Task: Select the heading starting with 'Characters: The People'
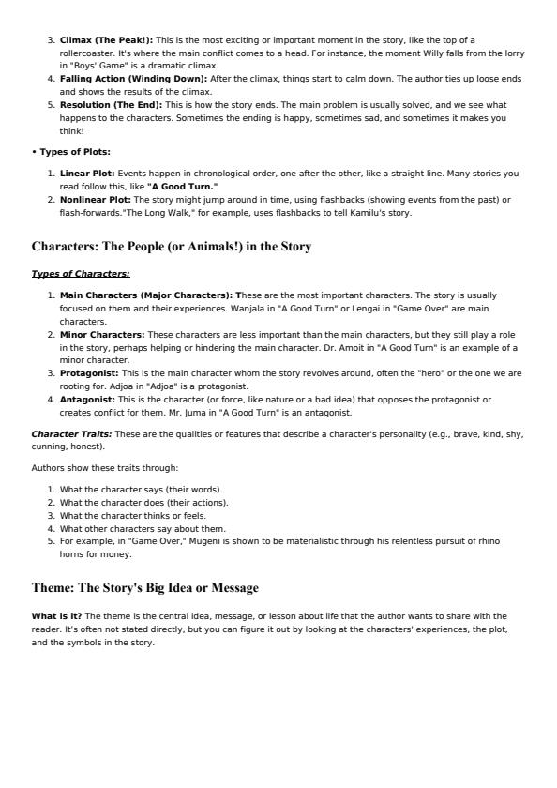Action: point(172,247)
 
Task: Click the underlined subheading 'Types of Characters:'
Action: point(81,274)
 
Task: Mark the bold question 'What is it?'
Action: point(56,616)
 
